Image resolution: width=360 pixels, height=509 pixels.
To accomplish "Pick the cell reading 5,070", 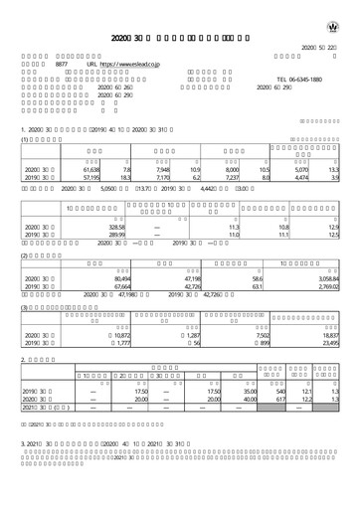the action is pos(307,170).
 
